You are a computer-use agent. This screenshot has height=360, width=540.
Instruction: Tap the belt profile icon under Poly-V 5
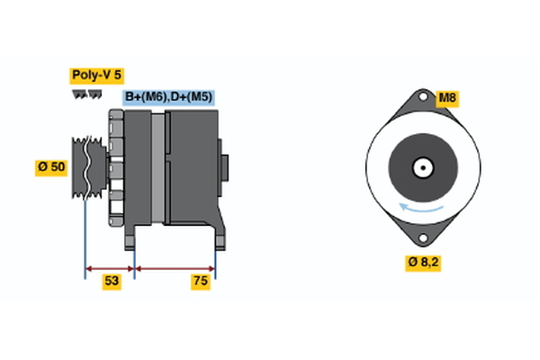pyautogui.click(x=87, y=94)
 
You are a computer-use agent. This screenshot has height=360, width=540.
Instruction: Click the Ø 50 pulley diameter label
pyautogui.click(x=52, y=168)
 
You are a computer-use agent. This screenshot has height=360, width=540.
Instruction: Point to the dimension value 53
pyautogui.click(x=112, y=282)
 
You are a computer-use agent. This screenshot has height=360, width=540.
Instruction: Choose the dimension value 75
pyautogui.click(x=201, y=282)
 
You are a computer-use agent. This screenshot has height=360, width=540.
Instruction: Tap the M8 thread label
pyautogui.click(x=447, y=97)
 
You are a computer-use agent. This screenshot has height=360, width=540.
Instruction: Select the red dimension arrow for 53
pyautogui.click(x=110, y=267)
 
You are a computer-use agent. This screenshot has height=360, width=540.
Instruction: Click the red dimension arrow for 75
pyautogui.click(x=175, y=267)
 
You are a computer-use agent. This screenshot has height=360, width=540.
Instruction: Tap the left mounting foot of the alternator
pyautogui.click(x=130, y=236)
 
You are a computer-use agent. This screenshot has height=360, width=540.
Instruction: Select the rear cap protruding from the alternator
pyautogui.click(x=225, y=168)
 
